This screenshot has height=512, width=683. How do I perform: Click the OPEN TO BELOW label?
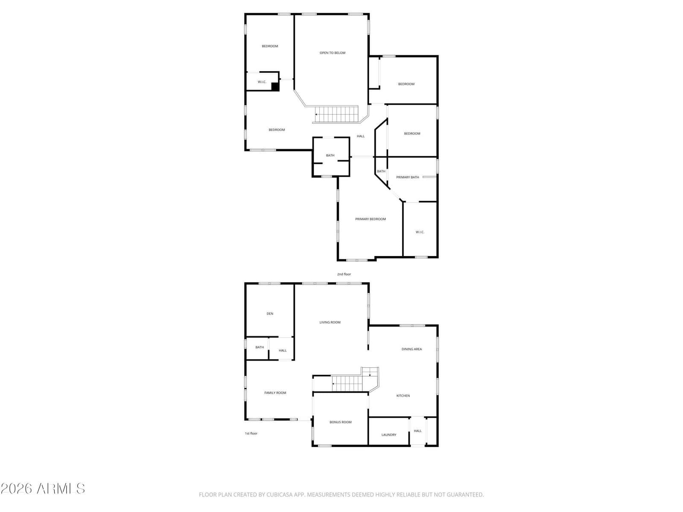[x=332, y=53]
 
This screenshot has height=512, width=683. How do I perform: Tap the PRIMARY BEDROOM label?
[x=370, y=219]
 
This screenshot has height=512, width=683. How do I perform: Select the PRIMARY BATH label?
[x=407, y=177]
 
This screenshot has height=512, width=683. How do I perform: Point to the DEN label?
[x=270, y=314]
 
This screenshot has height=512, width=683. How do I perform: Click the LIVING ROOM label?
[x=330, y=323]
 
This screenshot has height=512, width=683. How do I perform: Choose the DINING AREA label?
[x=412, y=349]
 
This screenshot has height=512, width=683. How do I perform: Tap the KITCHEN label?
[x=403, y=396]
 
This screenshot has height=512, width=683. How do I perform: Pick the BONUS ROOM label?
[x=340, y=422]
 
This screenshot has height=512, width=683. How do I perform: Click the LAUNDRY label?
[x=388, y=435]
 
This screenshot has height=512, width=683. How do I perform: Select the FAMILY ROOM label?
[x=275, y=393]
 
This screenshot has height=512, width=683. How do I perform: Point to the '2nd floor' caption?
[x=344, y=274]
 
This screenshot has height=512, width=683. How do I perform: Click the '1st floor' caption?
[x=251, y=433]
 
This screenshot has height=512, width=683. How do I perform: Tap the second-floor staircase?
[x=336, y=114]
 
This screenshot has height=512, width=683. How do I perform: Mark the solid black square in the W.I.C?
[x=275, y=87]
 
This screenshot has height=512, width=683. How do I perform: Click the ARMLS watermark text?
[x=61, y=489]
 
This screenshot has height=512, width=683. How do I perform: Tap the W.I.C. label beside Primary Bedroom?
[x=420, y=232]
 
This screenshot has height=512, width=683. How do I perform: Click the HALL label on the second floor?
[x=361, y=136]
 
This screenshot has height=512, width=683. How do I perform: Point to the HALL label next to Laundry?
[x=417, y=431]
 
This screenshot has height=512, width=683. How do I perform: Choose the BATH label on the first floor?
[x=260, y=347]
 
